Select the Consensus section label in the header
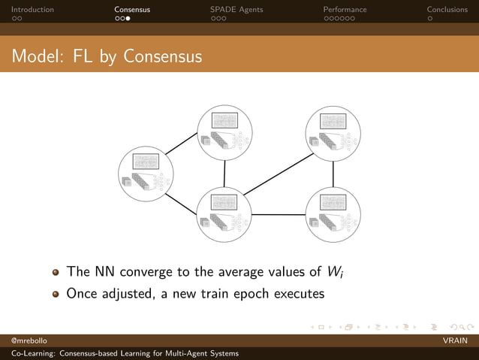pyautogui.click(x=132, y=10)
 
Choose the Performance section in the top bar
pyautogui.click(x=345, y=10)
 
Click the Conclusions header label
pyautogui.click(x=447, y=10)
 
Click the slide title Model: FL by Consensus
pyautogui.click(x=107, y=56)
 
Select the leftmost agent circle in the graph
pyautogui.click(x=146, y=174)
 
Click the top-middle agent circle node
pyautogui.click(x=224, y=132)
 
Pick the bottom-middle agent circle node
pyautogui.click(x=224, y=215)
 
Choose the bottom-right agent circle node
pyautogui.click(x=333, y=215)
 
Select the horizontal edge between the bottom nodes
pyautogui.click(x=278, y=215)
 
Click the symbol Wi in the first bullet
pyautogui.click(x=335, y=271)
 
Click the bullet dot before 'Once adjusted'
pyautogui.click(x=56, y=294)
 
